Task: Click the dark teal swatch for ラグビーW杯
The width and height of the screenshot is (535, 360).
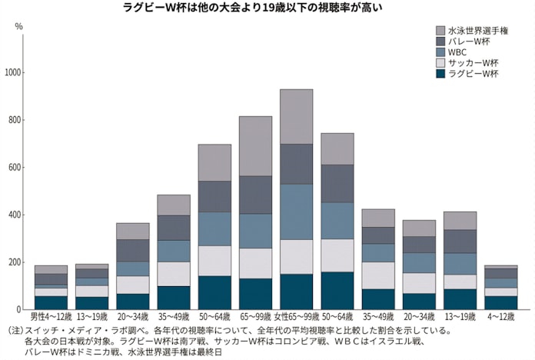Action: click(440, 75)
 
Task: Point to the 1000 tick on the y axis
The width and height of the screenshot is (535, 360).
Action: click(14, 73)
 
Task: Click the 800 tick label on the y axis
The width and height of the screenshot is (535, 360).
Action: click(16, 120)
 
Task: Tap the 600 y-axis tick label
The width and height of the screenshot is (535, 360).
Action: click(16, 168)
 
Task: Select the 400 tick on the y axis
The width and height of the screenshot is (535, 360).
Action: click(16, 215)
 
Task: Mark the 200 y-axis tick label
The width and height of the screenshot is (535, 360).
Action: click(16, 262)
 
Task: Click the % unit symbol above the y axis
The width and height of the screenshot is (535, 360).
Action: click(19, 26)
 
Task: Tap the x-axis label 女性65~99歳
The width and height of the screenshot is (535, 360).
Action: click(296, 317)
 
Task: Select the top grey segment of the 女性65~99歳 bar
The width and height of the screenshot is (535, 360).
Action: click(296, 116)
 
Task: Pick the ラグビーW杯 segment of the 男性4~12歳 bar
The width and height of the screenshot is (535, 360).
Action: click(51, 302)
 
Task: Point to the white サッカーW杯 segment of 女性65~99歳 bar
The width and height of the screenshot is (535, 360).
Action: click(296, 256)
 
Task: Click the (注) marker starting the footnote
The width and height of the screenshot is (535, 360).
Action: click(14, 330)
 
